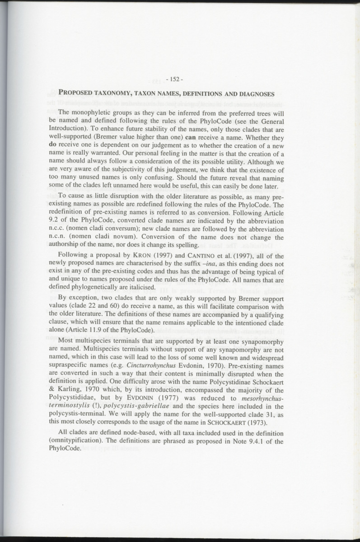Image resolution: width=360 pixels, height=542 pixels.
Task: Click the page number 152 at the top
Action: click(174, 79)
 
